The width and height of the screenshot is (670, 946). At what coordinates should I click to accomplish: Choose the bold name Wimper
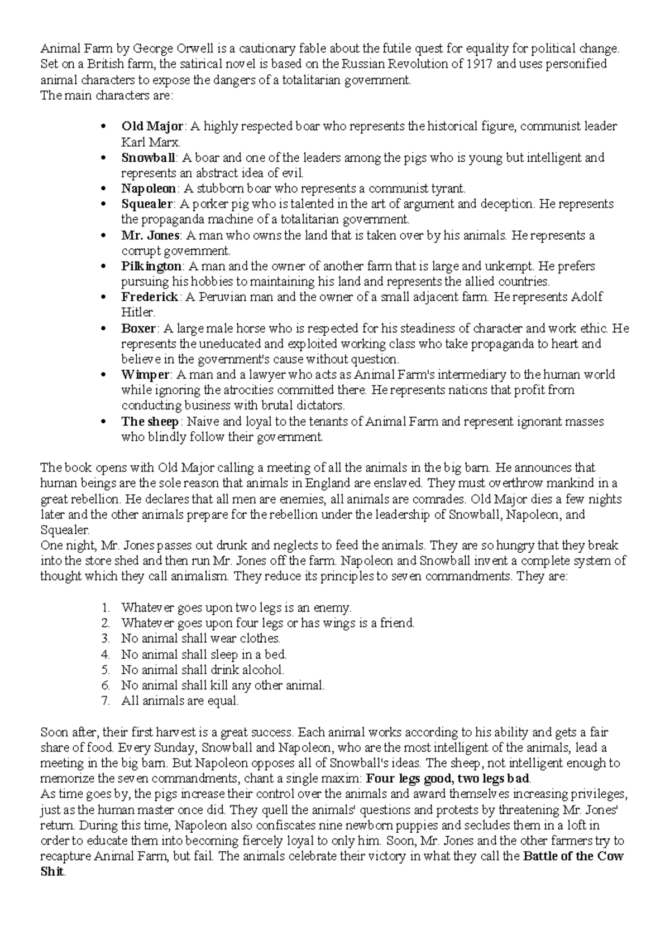point(145,374)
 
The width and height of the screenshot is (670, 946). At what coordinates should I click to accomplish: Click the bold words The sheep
point(150,421)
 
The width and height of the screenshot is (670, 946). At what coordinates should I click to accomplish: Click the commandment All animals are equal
point(180,701)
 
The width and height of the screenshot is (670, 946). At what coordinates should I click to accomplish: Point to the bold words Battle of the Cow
point(573,857)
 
